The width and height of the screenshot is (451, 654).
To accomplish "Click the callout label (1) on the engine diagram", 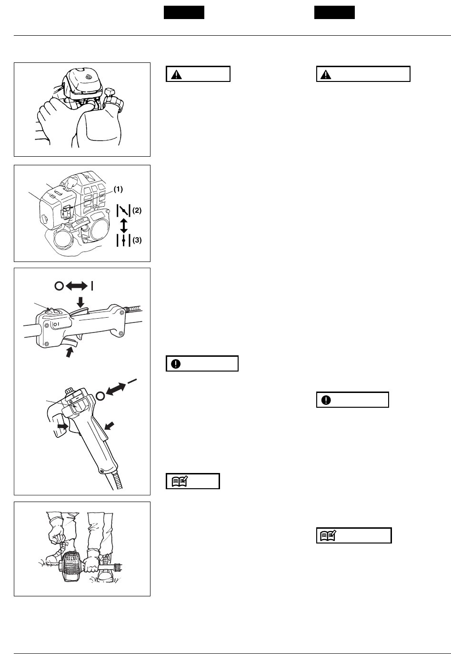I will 118,189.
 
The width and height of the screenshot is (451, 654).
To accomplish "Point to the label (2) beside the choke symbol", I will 137,210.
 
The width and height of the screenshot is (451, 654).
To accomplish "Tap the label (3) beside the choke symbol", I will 137,241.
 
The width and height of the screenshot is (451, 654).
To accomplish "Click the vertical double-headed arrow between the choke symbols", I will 124,225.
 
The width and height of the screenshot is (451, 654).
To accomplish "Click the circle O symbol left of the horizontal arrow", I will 59,286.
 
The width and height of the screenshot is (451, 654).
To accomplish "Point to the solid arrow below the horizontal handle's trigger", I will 70,352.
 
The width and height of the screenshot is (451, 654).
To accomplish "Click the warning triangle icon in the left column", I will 177,74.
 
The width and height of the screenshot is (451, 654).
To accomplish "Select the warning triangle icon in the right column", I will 326,74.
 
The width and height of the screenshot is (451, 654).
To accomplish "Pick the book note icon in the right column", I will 328,535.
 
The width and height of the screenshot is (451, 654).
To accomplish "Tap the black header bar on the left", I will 184,12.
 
